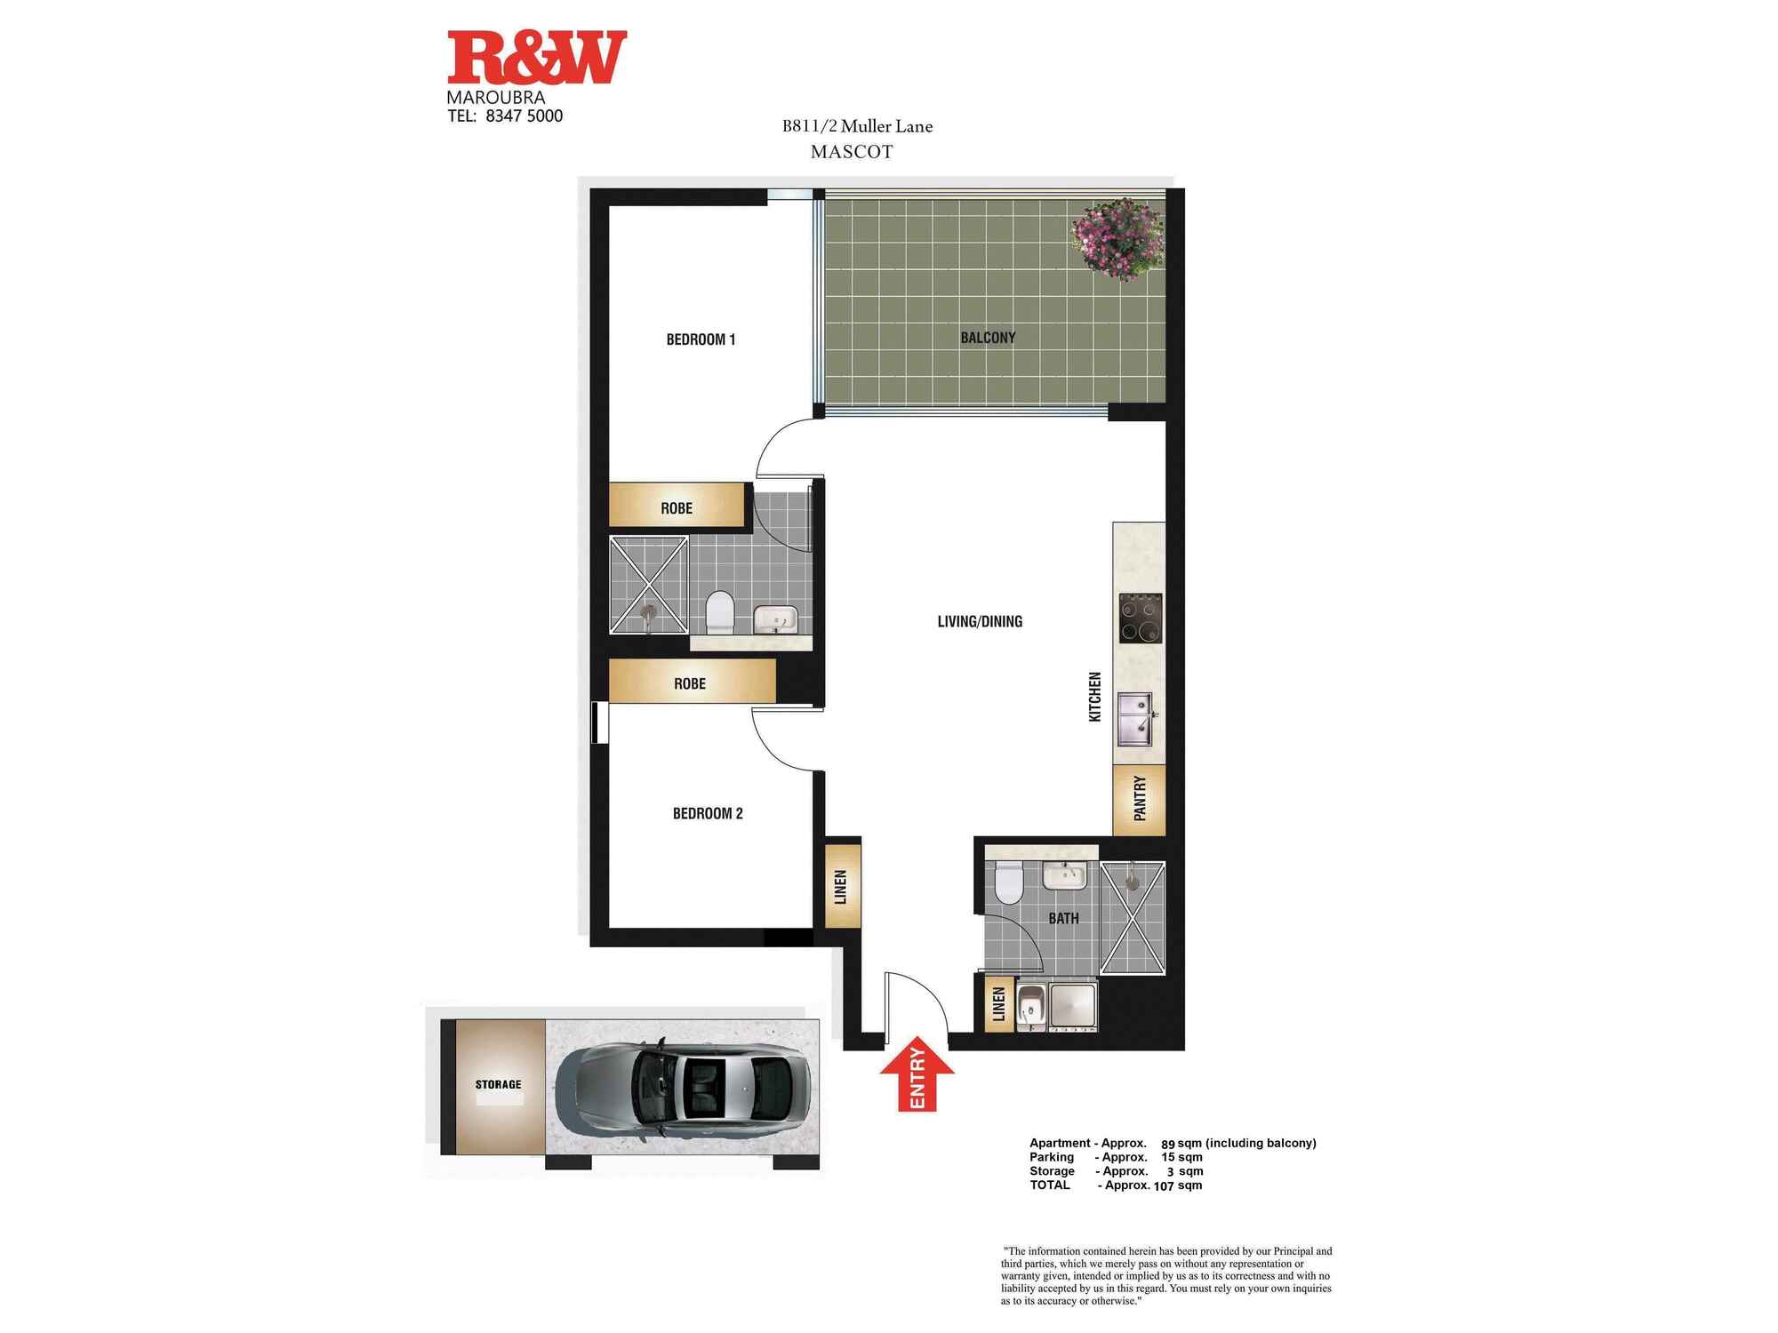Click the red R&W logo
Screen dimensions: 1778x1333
(537, 57)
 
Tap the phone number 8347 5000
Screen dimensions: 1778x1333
(525, 116)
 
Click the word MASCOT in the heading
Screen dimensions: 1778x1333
(852, 152)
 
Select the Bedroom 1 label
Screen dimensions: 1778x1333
(701, 339)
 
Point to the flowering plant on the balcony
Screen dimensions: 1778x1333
(1117, 238)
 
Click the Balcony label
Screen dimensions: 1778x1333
(988, 338)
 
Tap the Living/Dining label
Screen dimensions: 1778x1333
(980, 622)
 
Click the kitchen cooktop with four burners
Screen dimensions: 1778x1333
(1141, 619)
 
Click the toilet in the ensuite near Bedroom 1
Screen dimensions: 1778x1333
(719, 614)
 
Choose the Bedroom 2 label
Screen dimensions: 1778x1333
(708, 813)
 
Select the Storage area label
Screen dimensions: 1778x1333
(498, 1084)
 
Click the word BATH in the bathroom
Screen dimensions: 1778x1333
(1063, 919)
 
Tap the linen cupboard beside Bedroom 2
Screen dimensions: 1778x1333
(843, 886)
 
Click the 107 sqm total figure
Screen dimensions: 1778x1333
(1177, 1185)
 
